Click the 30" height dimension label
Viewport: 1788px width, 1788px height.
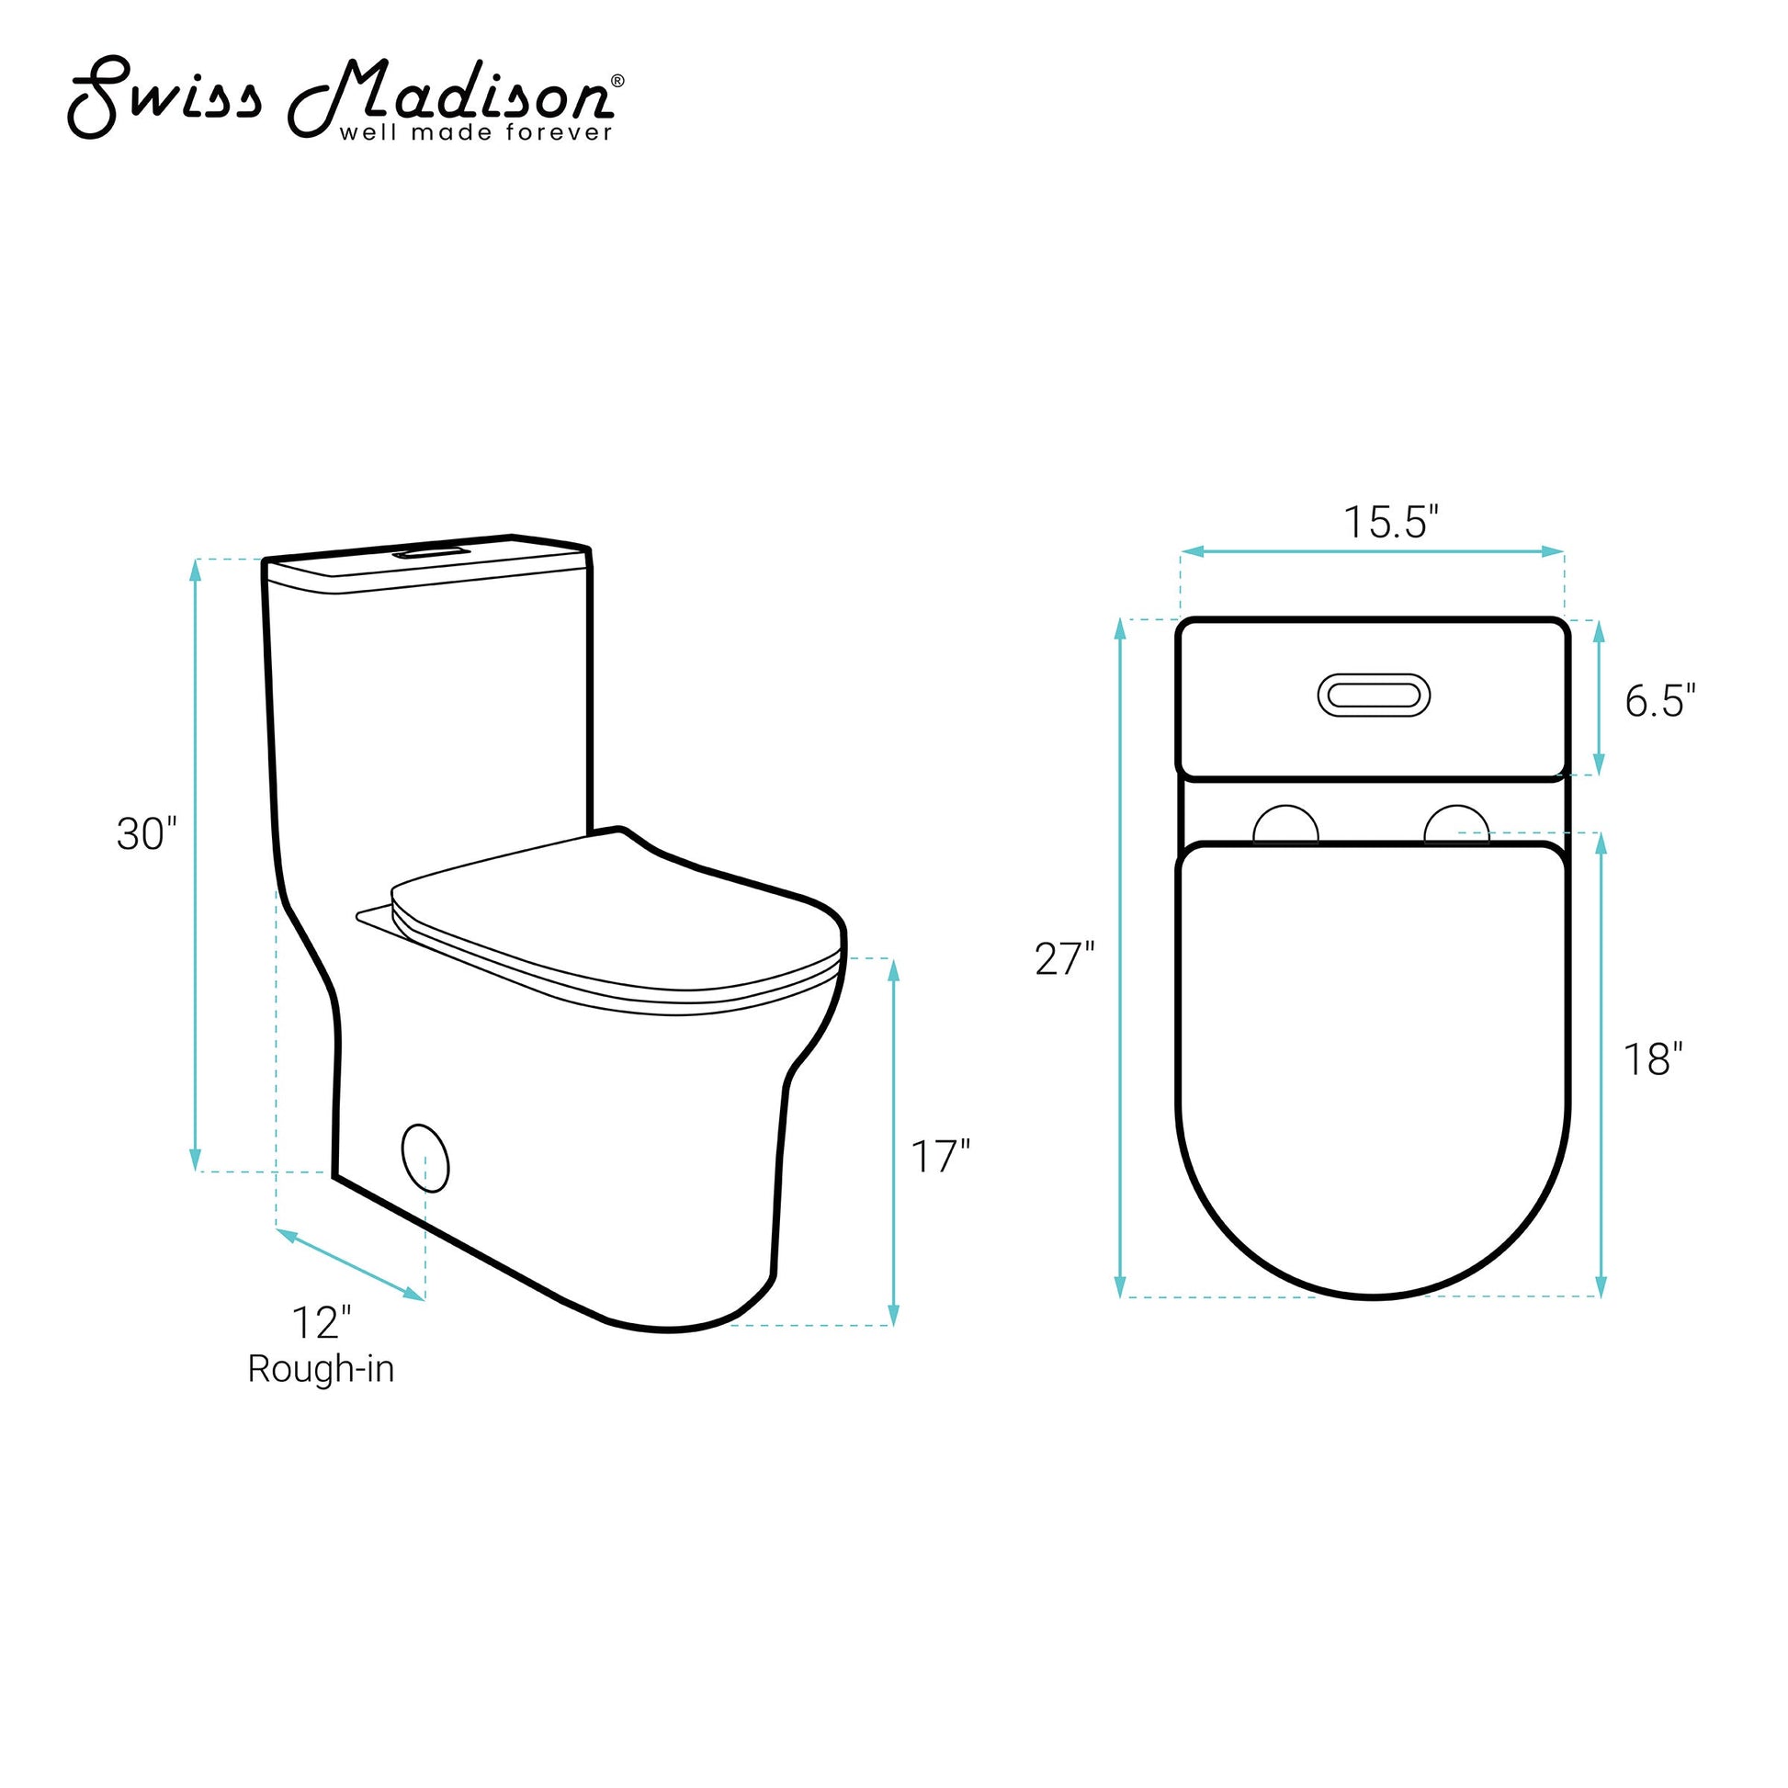coord(146,834)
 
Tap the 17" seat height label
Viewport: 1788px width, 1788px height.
coord(940,1157)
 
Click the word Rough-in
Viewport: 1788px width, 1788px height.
coord(322,1369)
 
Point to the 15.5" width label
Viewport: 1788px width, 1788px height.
coord(1391,522)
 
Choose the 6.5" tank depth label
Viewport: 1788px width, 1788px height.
coord(1660,701)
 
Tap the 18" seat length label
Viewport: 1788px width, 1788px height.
coord(1653,1058)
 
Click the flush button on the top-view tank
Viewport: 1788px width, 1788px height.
coord(1374,695)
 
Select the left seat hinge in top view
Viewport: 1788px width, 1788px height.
coord(1285,824)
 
